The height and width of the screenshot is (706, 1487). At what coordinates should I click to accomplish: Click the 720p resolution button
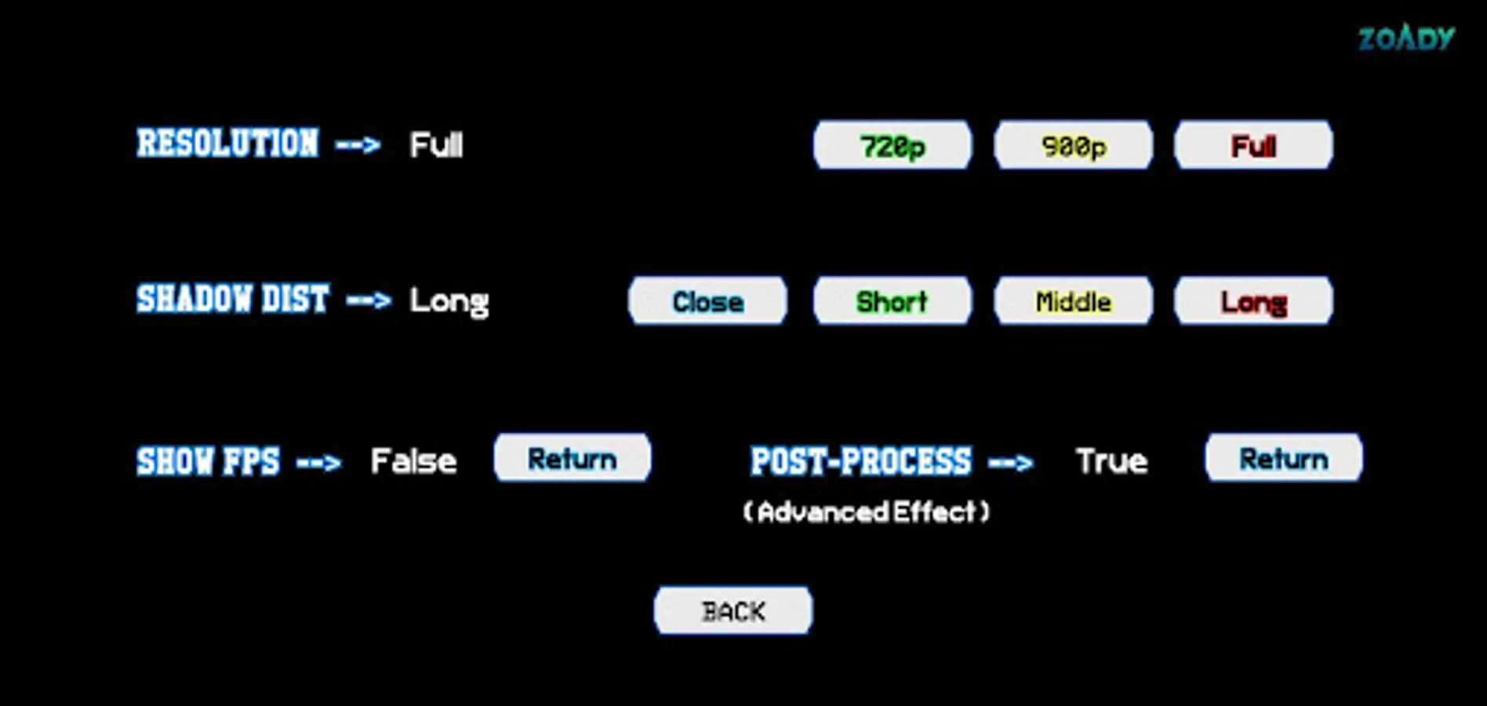[893, 145]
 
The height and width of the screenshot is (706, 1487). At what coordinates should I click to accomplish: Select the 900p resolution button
[1073, 145]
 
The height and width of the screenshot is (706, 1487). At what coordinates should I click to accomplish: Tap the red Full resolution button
[1253, 145]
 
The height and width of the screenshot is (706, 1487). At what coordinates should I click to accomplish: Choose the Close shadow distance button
[707, 300]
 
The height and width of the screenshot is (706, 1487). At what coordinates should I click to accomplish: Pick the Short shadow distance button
[893, 300]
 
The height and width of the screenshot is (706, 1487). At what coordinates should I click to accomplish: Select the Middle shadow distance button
[1073, 300]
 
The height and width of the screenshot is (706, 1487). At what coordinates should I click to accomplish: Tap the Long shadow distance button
[1253, 300]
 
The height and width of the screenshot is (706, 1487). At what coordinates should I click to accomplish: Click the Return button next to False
[572, 458]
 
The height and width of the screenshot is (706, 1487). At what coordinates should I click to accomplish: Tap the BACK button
[733, 610]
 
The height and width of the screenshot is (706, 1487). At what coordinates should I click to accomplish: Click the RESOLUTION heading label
[227, 144]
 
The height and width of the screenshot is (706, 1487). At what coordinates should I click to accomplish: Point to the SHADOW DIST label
[232, 299]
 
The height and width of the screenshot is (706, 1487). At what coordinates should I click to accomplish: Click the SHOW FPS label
[208, 461]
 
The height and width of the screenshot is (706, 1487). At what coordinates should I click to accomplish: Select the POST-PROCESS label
[860, 461]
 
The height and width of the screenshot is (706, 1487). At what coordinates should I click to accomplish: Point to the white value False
[413, 461]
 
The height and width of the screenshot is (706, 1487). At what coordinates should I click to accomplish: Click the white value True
[1111, 461]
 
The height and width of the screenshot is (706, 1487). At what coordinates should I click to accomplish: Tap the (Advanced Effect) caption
[866, 512]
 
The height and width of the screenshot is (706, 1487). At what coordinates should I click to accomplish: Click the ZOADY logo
[1406, 38]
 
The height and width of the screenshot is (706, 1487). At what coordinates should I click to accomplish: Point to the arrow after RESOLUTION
[358, 144]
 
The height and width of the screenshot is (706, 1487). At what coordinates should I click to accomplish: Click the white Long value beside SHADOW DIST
[449, 301]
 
